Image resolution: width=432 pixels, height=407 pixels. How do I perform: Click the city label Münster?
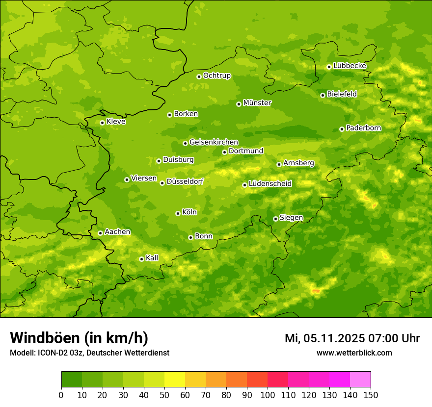257,103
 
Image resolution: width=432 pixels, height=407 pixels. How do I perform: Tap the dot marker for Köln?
178,213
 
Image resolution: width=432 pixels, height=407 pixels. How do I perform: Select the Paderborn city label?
363,128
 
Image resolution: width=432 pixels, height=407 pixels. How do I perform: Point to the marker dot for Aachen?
100,233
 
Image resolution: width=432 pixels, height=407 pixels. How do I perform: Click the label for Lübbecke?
350,66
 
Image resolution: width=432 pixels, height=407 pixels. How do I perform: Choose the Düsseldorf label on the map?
185,181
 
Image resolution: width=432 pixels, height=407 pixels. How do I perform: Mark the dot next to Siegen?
275,219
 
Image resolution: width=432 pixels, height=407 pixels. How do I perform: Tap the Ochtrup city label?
216,76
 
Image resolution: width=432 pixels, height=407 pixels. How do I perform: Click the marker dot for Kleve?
102,123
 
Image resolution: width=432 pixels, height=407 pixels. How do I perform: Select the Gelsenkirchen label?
214,142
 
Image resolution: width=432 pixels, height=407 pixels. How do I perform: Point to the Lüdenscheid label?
270,184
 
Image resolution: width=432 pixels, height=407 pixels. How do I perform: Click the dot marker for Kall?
141,259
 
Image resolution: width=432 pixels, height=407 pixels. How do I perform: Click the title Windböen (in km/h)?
79,338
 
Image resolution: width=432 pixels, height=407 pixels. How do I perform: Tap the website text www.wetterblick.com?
354,353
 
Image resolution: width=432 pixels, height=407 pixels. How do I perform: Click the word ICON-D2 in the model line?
50,353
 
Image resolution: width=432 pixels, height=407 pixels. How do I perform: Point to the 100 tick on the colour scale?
268,395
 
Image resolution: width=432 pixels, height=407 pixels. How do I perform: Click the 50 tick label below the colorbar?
164,395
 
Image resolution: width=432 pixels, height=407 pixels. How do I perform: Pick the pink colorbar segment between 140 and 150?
360,380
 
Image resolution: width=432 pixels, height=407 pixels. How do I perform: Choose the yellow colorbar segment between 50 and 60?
175,380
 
